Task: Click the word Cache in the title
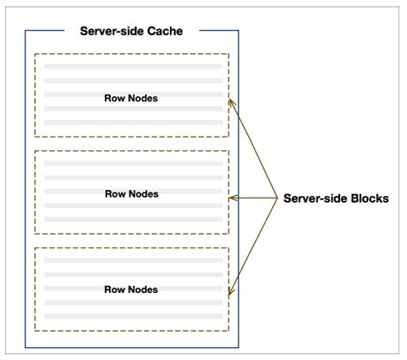point(166,31)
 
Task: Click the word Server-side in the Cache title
point(112,31)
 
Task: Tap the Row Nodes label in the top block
point(131,98)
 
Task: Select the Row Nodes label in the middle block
point(131,193)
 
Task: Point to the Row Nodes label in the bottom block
point(131,290)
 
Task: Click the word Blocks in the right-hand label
point(367,198)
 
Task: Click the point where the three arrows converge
point(277,198)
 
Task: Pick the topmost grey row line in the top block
point(133,65)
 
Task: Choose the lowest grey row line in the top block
point(133,124)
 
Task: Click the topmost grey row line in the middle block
point(133,162)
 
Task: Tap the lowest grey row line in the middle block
point(133,220)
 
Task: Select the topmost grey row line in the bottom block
point(133,258)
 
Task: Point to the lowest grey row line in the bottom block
point(133,316)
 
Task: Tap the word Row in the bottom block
point(114,290)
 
